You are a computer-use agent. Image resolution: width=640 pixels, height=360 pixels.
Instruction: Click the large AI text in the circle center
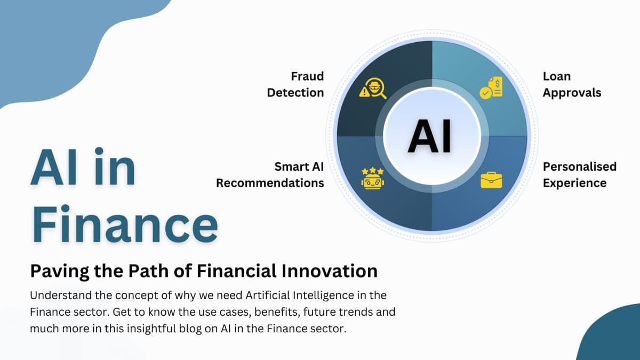tap(429, 137)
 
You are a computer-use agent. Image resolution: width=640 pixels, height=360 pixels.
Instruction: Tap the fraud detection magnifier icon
tap(373, 89)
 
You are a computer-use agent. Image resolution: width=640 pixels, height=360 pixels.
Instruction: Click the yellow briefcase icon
tap(491, 180)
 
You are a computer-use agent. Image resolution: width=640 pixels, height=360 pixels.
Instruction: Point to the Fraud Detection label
tap(295, 84)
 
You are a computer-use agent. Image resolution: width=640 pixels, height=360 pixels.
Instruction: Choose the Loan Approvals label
tap(571, 84)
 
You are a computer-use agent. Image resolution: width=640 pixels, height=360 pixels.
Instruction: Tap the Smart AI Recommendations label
tap(270, 174)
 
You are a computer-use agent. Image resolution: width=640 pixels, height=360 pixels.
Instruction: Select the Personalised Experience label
tap(579, 174)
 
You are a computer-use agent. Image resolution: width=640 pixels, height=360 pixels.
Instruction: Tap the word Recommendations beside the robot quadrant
tap(270, 183)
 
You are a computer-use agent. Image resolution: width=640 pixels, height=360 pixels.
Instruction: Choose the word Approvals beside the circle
tap(571, 92)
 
